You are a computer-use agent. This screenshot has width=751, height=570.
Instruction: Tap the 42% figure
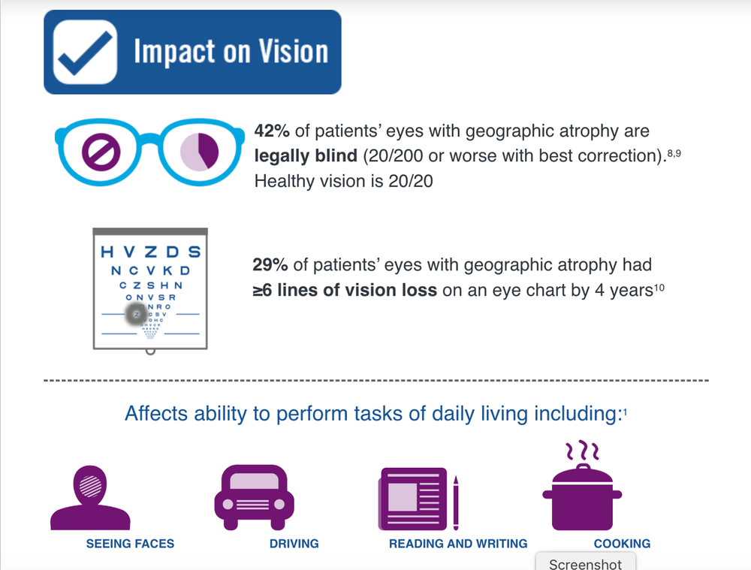(x=272, y=131)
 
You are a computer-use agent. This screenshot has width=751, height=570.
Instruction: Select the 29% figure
(x=272, y=265)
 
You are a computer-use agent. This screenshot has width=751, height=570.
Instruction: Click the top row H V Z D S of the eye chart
(x=151, y=252)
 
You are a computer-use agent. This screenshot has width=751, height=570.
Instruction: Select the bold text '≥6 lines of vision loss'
(x=345, y=290)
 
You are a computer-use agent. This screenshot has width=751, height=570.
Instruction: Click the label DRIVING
(x=294, y=543)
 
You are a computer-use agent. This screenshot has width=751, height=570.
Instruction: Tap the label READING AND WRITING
(x=458, y=543)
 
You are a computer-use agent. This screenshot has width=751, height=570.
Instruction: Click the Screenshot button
(x=585, y=562)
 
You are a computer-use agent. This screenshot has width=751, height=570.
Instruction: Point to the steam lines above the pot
(x=582, y=451)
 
